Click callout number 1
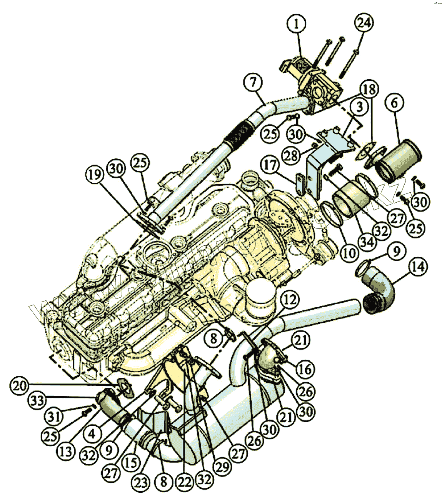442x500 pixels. click(296, 24)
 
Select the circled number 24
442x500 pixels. click(364, 23)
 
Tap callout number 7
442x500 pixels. click(253, 82)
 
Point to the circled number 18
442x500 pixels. click(369, 90)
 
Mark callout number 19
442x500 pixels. click(95, 175)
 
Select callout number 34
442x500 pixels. click(367, 242)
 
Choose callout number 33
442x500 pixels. click(37, 401)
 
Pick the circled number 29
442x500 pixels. click(222, 467)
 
